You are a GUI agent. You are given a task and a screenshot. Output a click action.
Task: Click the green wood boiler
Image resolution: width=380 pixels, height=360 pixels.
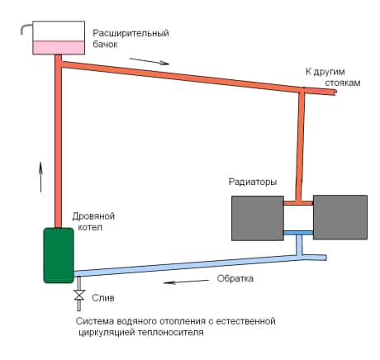coord(59,255)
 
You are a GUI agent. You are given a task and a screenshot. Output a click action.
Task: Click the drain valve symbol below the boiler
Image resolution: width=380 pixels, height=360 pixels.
coord(79,296)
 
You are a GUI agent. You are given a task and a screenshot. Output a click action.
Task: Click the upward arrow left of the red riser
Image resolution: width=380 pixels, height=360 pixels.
coord(40,177)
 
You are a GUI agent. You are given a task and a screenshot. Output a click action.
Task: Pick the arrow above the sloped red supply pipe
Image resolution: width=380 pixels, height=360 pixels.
coord(154,60)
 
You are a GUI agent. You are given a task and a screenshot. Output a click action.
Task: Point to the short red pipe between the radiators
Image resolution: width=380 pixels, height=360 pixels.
coord(297,202)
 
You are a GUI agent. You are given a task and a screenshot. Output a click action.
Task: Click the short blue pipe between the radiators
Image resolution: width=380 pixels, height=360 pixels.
coord(297,234)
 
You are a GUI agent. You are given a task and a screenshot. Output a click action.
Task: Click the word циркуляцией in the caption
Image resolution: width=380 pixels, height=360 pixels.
coord(101,336)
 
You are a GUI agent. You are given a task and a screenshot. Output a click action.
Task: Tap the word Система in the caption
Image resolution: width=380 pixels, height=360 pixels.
coord(93,321)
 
